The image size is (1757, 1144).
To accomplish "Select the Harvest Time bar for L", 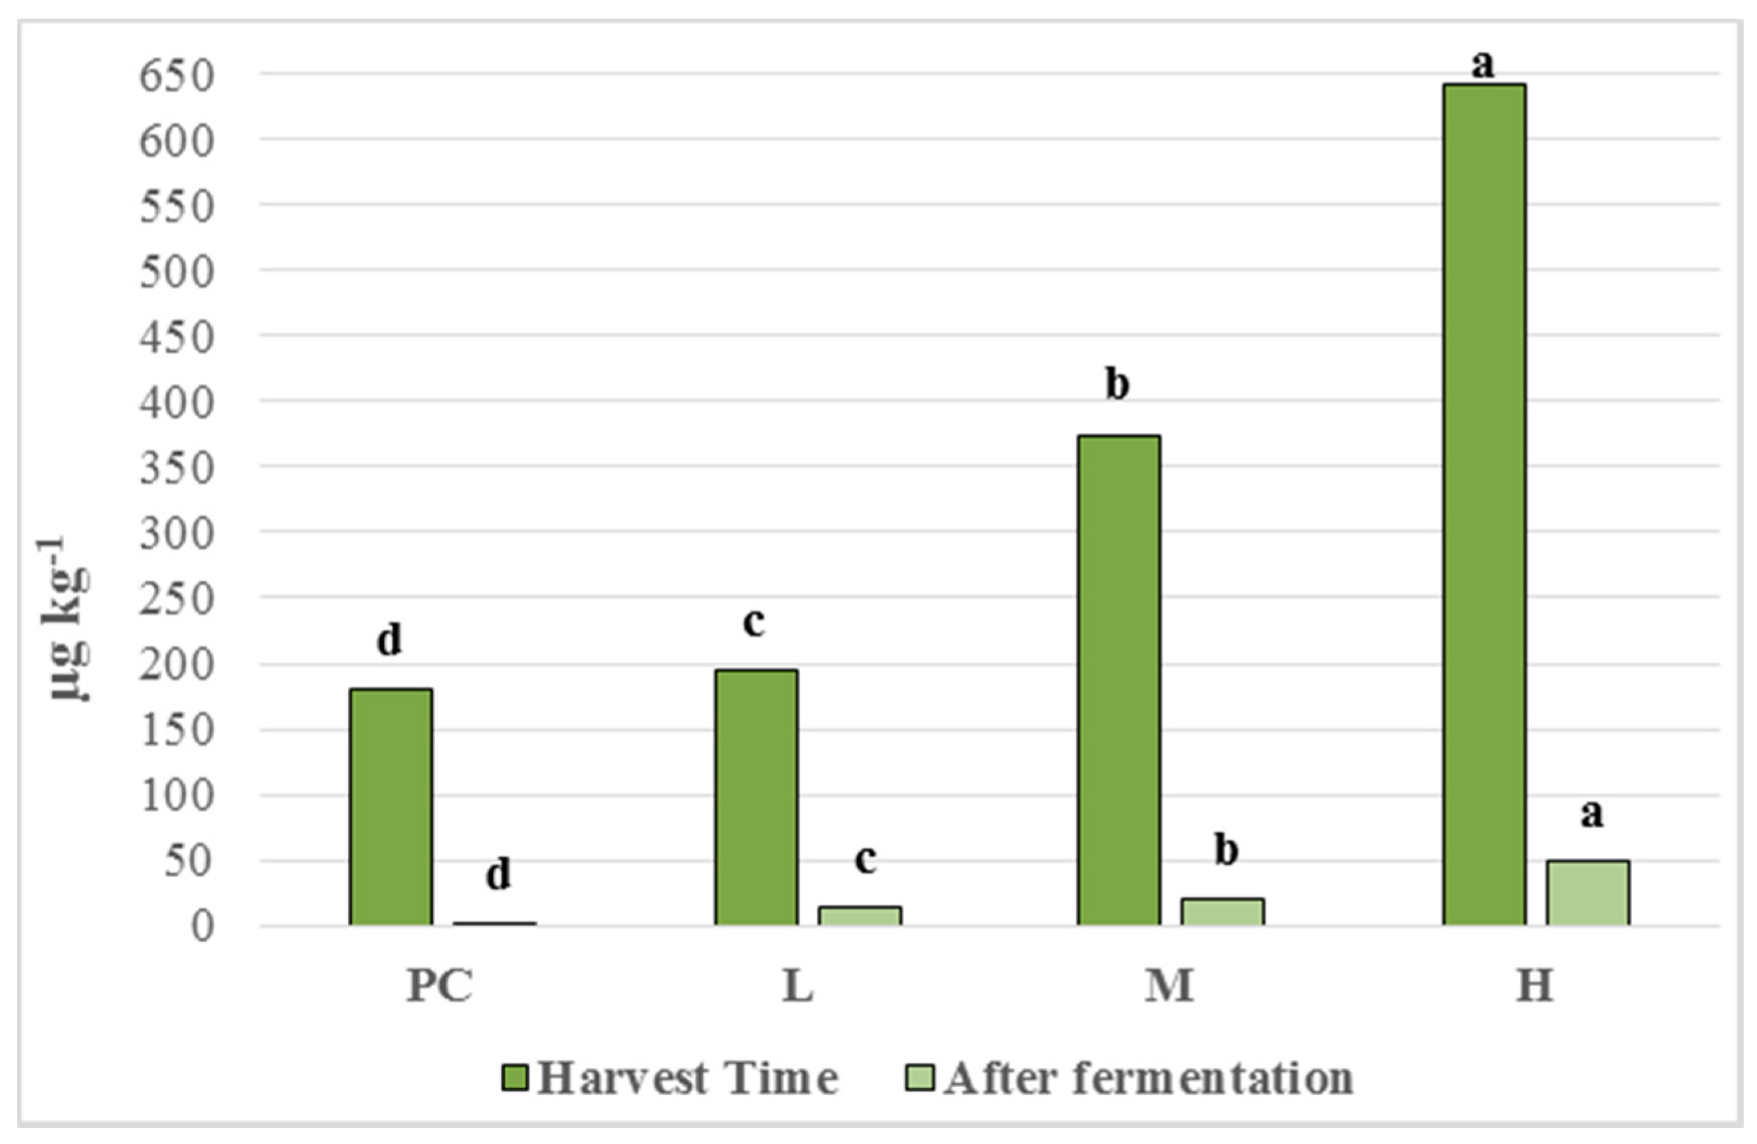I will pos(756,797).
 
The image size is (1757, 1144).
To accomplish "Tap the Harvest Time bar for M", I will pos(1119,680).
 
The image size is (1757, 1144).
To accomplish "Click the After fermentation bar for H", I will pos(1588,892).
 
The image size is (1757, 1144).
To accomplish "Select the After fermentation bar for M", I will pos(1222,912).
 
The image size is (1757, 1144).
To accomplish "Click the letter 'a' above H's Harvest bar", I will pos(1483,65).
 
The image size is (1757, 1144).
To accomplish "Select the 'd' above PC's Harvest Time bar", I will pos(390,639).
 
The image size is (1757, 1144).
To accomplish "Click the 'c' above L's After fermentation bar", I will pos(865,858).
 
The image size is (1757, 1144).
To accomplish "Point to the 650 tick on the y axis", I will pos(177,75).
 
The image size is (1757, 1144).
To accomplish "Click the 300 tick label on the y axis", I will pos(177,533).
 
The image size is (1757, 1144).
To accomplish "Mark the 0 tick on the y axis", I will pos(203,926).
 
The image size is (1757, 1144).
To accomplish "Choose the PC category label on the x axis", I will pos(440,985).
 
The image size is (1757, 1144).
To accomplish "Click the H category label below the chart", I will pos(1534,985).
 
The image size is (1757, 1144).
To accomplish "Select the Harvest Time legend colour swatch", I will pos(515,1078).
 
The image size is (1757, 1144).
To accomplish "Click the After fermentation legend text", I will pos(1149,1078).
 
